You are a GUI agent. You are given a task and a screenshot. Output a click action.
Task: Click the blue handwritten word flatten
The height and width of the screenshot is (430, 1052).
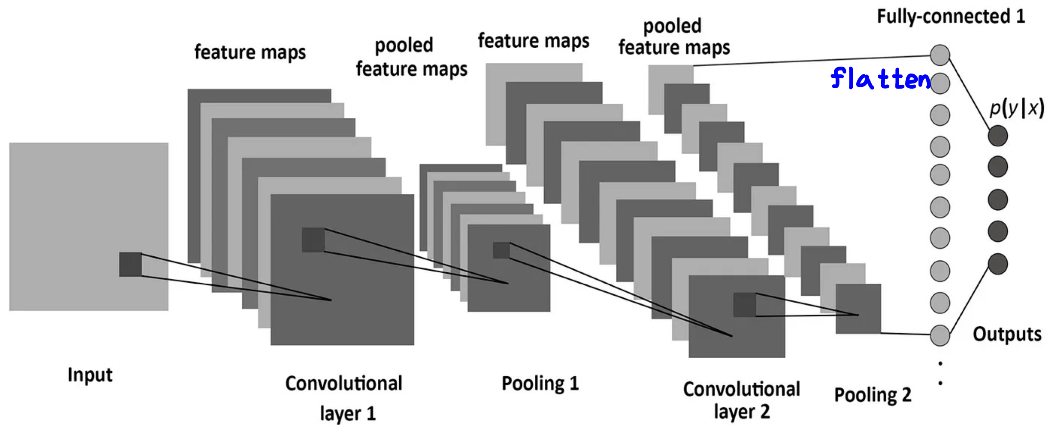(880, 79)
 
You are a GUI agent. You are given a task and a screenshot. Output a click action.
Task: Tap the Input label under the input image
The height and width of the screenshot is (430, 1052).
(90, 375)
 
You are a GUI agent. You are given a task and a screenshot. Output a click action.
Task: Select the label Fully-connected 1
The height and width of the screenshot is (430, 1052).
(951, 16)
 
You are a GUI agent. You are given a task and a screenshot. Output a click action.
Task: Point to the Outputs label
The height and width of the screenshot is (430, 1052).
(1007, 334)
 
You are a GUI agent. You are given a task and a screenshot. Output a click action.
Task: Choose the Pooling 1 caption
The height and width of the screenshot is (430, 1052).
(540, 383)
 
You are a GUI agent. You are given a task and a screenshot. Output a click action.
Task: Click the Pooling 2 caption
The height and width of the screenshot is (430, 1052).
(873, 395)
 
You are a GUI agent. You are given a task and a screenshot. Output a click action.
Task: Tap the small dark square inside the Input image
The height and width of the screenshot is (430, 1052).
(130, 264)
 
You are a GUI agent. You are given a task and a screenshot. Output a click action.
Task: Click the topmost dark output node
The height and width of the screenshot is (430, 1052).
(998, 136)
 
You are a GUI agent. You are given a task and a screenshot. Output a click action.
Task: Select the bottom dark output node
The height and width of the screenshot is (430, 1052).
(998, 264)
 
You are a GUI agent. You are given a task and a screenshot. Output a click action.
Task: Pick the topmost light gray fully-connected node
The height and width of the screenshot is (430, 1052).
(940, 55)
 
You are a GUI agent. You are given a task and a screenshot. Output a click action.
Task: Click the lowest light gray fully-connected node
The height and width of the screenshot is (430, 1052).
(940, 335)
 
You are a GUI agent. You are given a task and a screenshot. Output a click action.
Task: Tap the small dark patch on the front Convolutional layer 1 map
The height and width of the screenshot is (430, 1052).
(313, 240)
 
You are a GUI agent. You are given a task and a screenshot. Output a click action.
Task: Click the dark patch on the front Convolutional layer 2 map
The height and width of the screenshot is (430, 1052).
(744, 304)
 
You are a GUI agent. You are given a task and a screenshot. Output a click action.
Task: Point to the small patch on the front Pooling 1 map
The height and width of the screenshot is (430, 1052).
(501, 250)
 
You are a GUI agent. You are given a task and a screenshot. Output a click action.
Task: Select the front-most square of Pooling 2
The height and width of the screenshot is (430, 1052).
(858, 308)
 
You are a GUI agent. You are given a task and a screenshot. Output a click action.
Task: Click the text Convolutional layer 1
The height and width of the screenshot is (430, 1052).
(344, 398)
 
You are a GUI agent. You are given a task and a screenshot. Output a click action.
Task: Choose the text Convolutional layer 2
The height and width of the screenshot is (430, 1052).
(742, 400)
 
